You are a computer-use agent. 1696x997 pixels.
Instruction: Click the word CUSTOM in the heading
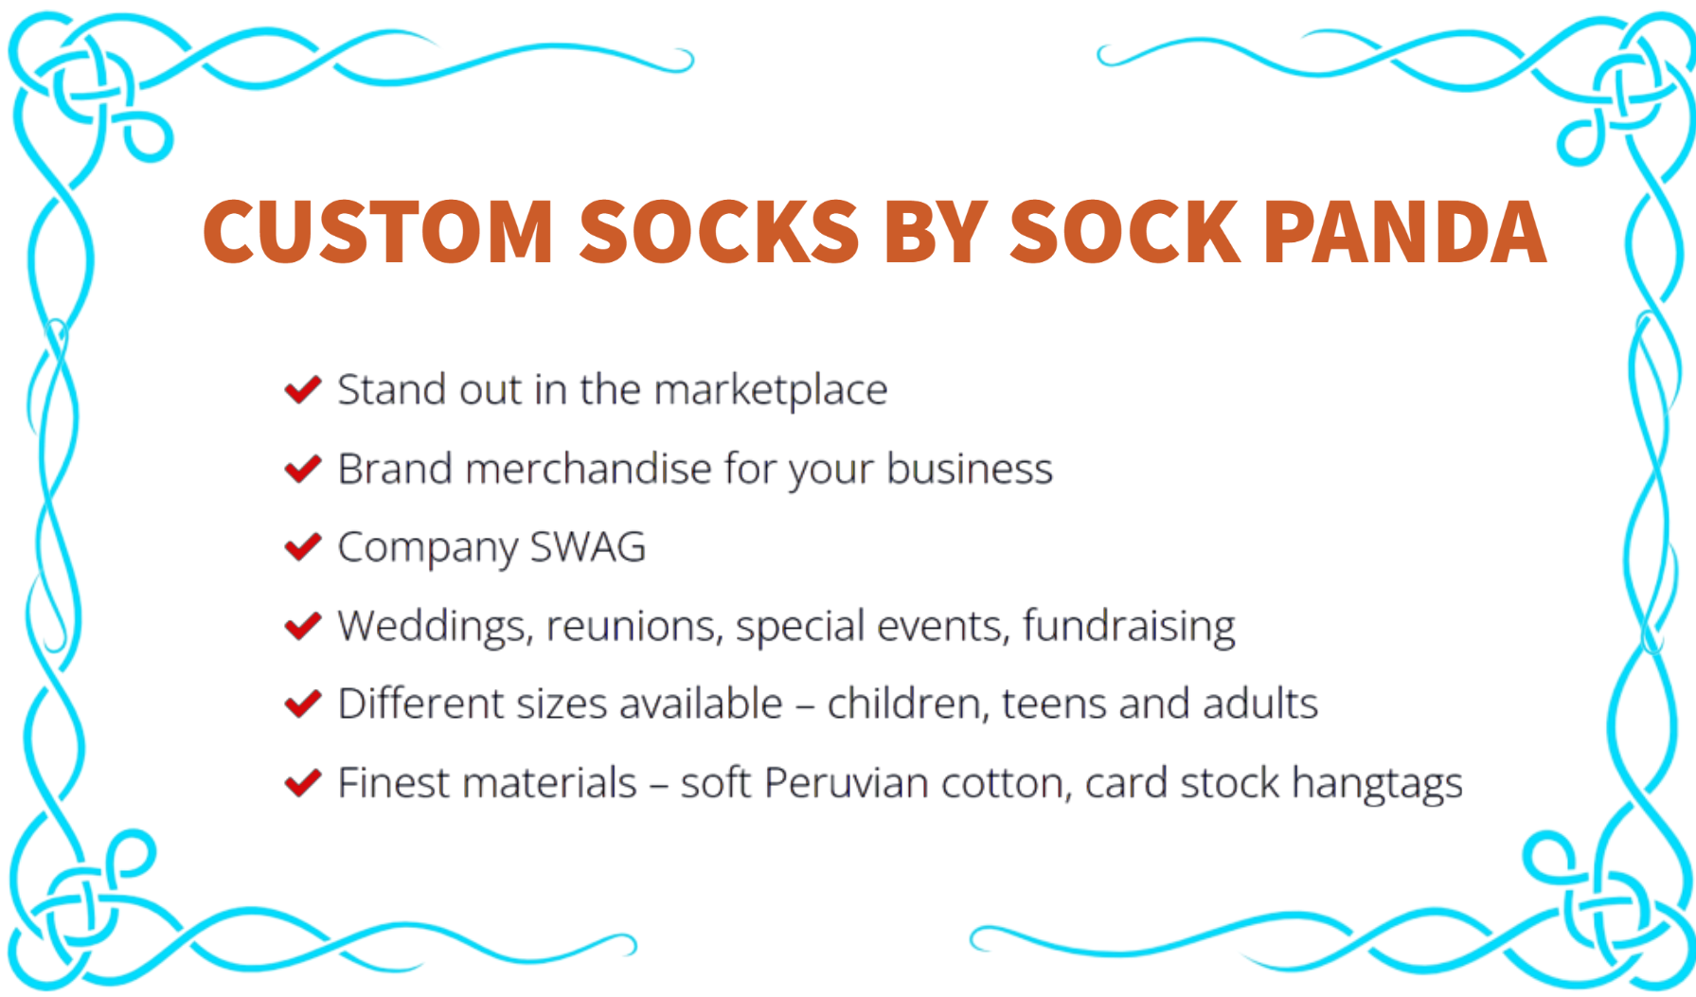point(378,231)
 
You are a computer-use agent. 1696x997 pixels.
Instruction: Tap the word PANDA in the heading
point(1405,231)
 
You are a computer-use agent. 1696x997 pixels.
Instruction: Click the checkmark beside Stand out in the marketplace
point(303,388)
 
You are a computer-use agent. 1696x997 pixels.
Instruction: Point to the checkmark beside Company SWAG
point(303,545)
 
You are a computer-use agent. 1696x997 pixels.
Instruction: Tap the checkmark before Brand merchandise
point(303,467)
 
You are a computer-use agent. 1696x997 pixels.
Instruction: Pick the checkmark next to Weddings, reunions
point(303,625)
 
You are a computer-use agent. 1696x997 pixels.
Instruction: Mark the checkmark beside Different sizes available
point(303,703)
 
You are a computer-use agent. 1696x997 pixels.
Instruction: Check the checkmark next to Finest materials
point(303,782)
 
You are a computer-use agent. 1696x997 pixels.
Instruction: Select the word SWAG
point(587,547)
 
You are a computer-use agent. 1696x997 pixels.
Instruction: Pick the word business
point(970,469)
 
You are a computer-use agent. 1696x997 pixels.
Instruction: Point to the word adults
point(1260,704)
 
